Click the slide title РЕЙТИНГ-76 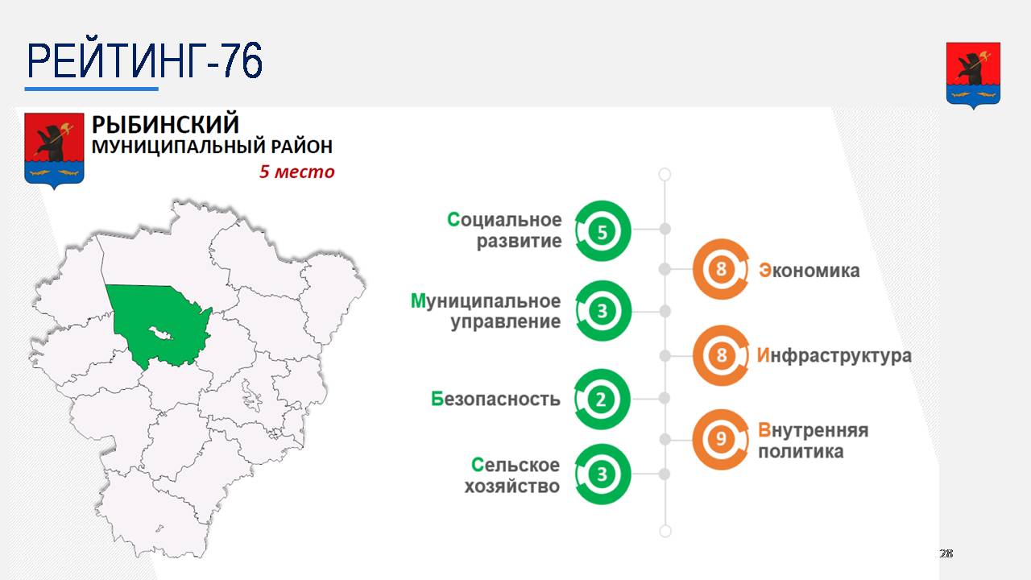click(144, 60)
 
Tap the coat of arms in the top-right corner click(973, 76)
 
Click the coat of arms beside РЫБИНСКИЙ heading click(54, 151)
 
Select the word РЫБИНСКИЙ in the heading click(166, 124)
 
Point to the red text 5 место click(297, 172)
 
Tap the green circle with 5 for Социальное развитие click(602, 231)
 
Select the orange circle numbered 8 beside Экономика click(721, 269)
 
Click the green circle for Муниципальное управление click(602, 311)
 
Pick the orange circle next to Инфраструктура click(721, 355)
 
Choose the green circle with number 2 click(601, 399)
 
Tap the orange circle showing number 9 click(721, 439)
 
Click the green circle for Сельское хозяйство click(602, 474)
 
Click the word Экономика click(809, 271)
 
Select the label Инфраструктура click(834, 356)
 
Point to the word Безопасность click(495, 399)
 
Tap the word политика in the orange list click(801, 452)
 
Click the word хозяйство click(511, 487)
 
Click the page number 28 click(946, 553)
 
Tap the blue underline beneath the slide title click(92, 89)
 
